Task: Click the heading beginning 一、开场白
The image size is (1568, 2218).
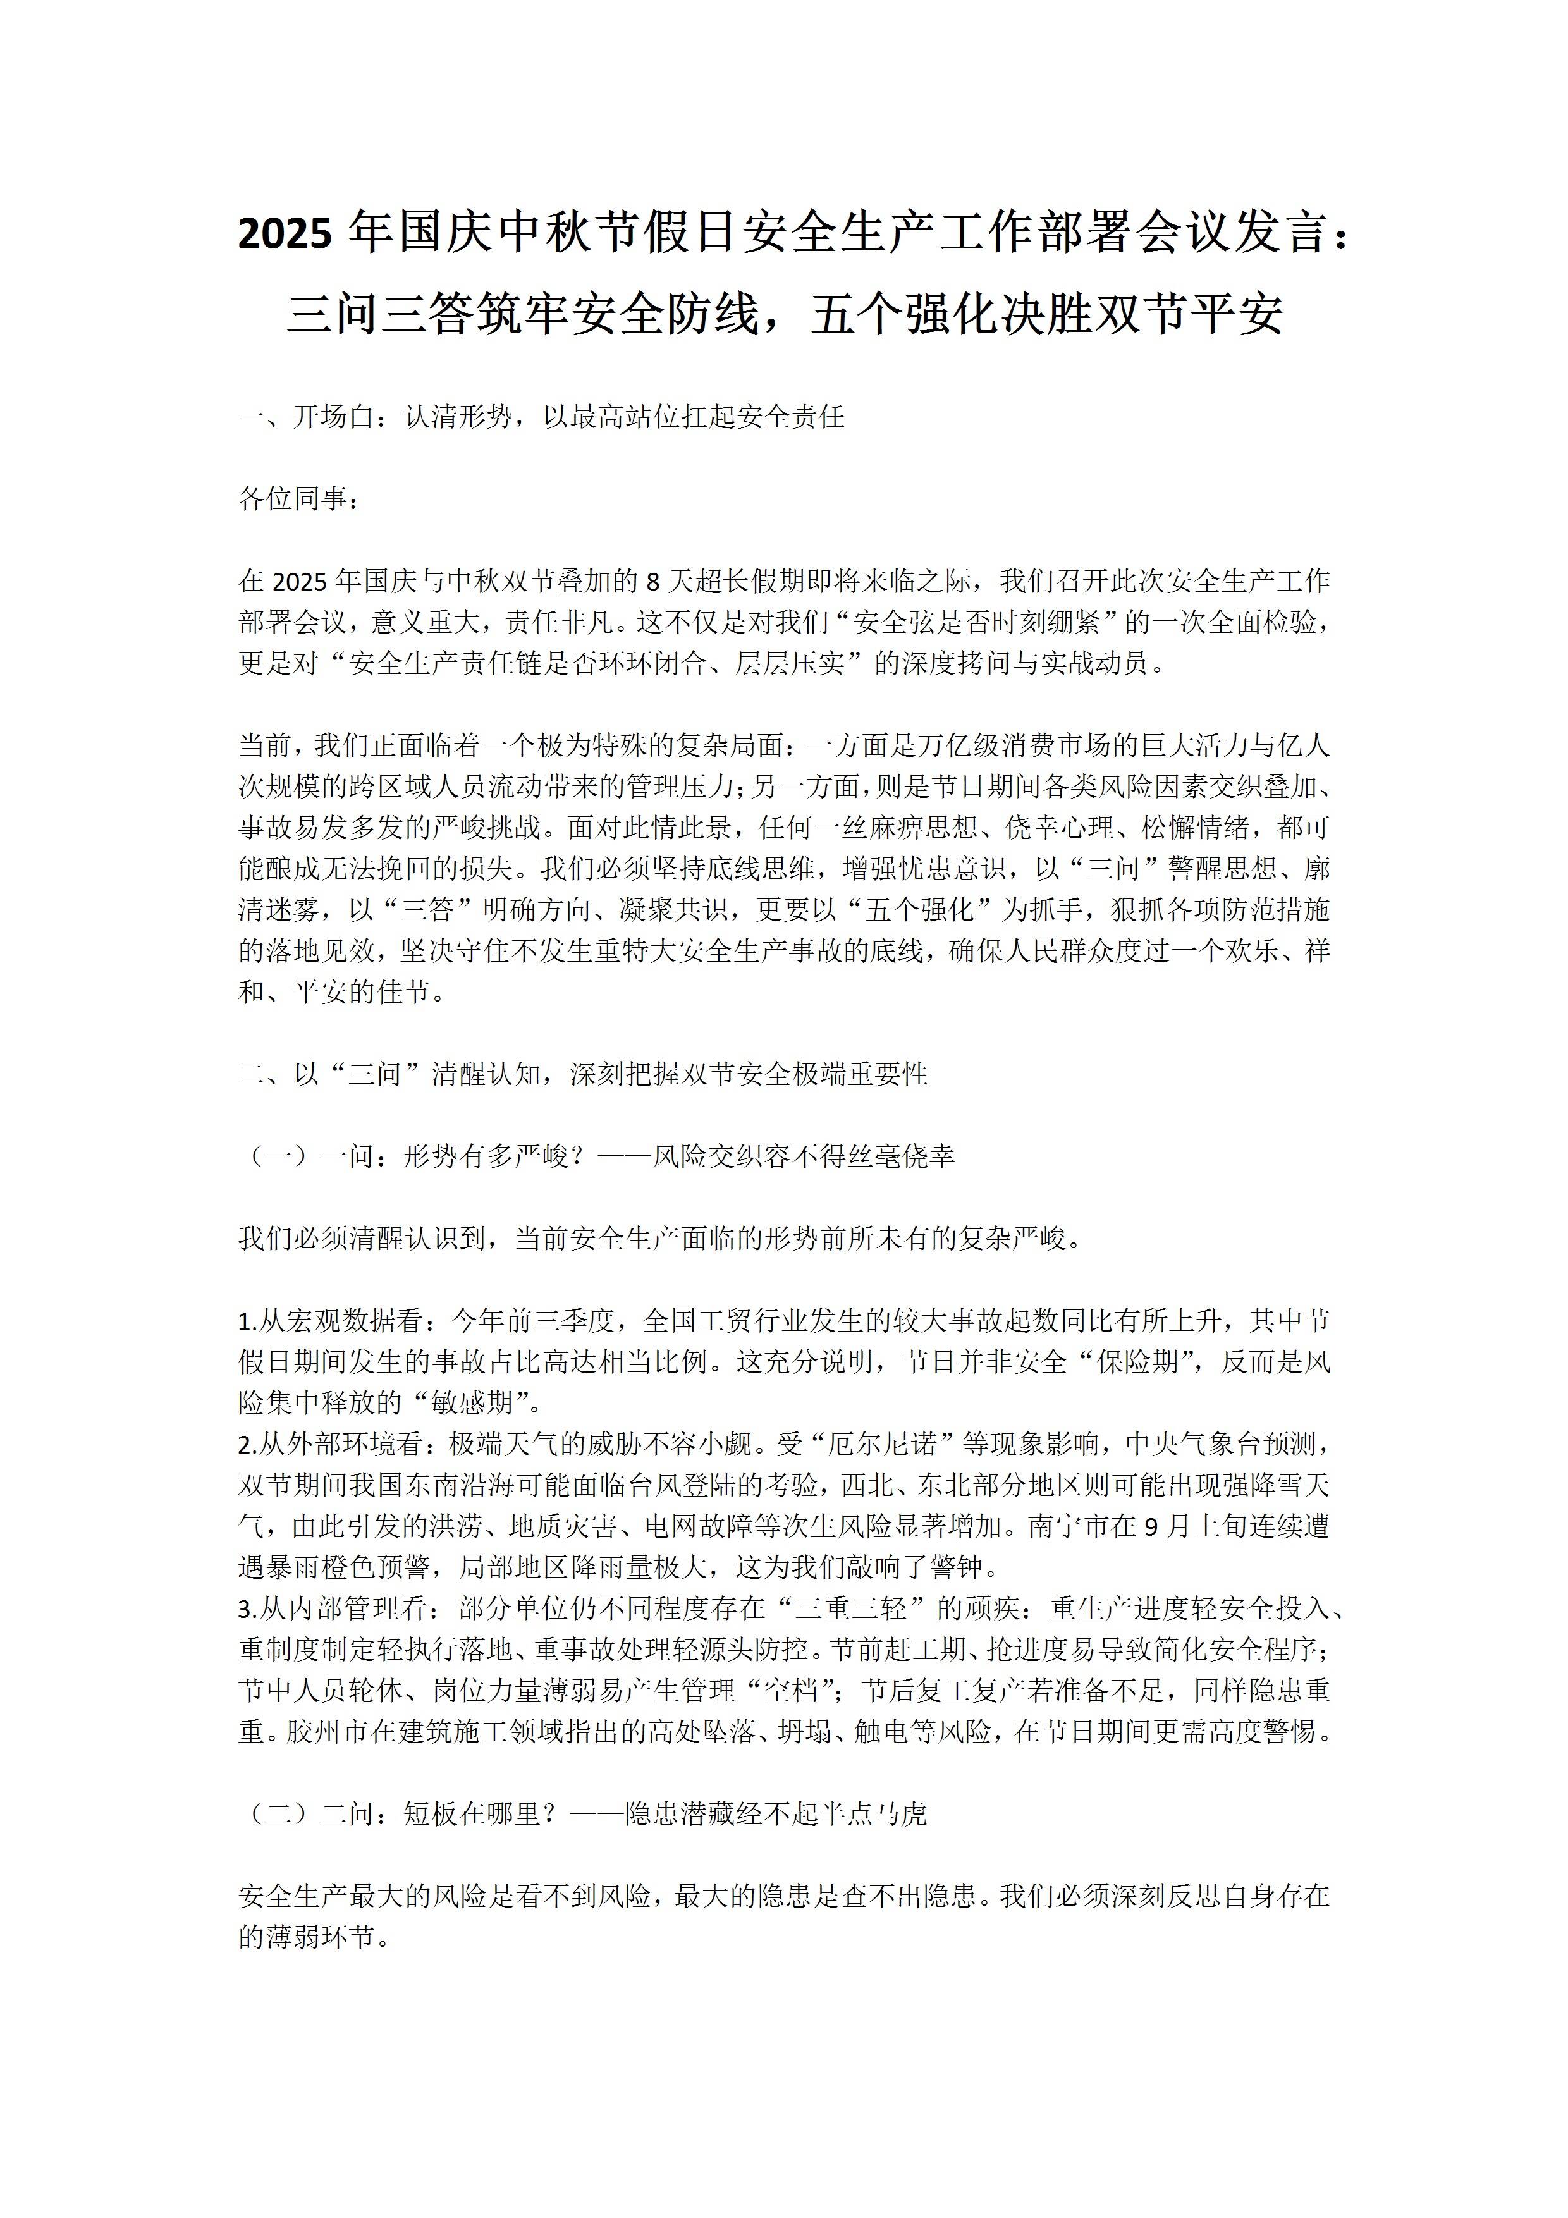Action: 541,417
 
